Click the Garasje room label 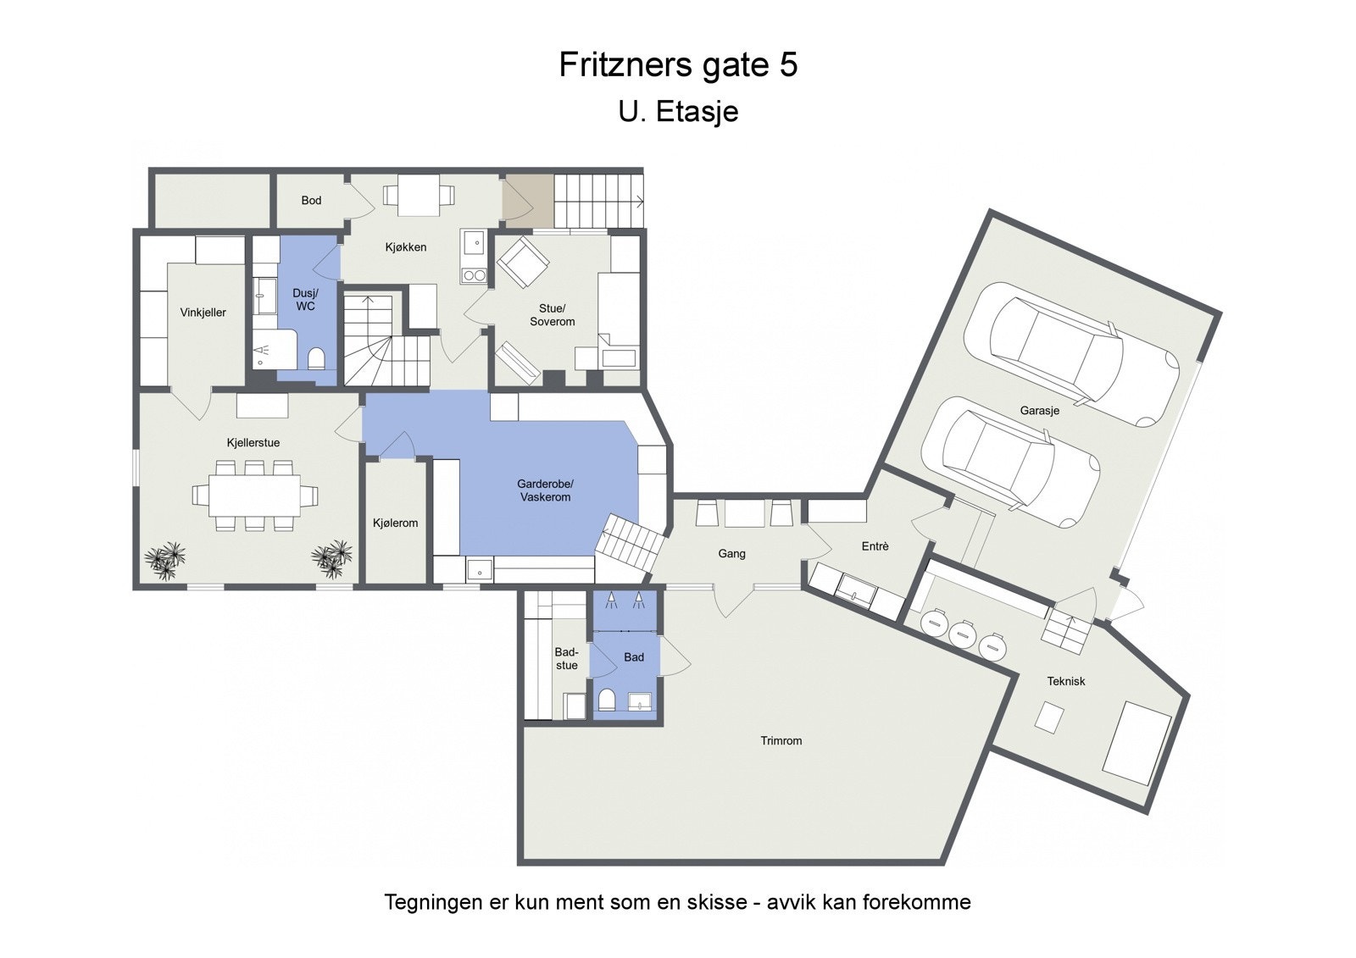click(x=1039, y=411)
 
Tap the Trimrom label click(x=781, y=741)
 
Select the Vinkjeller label click(x=203, y=313)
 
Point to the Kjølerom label click(x=395, y=523)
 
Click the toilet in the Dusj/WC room click(x=316, y=359)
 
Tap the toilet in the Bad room click(x=606, y=700)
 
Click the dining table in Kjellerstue click(x=253, y=495)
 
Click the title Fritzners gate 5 click(x=678, y=65)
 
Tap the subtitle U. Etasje click(x=678, y=112)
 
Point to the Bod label click(x=311, y=201)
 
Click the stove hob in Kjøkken click(x=473, y=275)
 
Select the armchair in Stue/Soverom click(x=522, y=261)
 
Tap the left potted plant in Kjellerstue click(x=164, y=560)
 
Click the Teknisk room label click(x=1065, y=682)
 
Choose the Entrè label click(x=875, y=547)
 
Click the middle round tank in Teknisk click(x=962, y=634)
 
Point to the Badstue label click(x=566, y=659)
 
